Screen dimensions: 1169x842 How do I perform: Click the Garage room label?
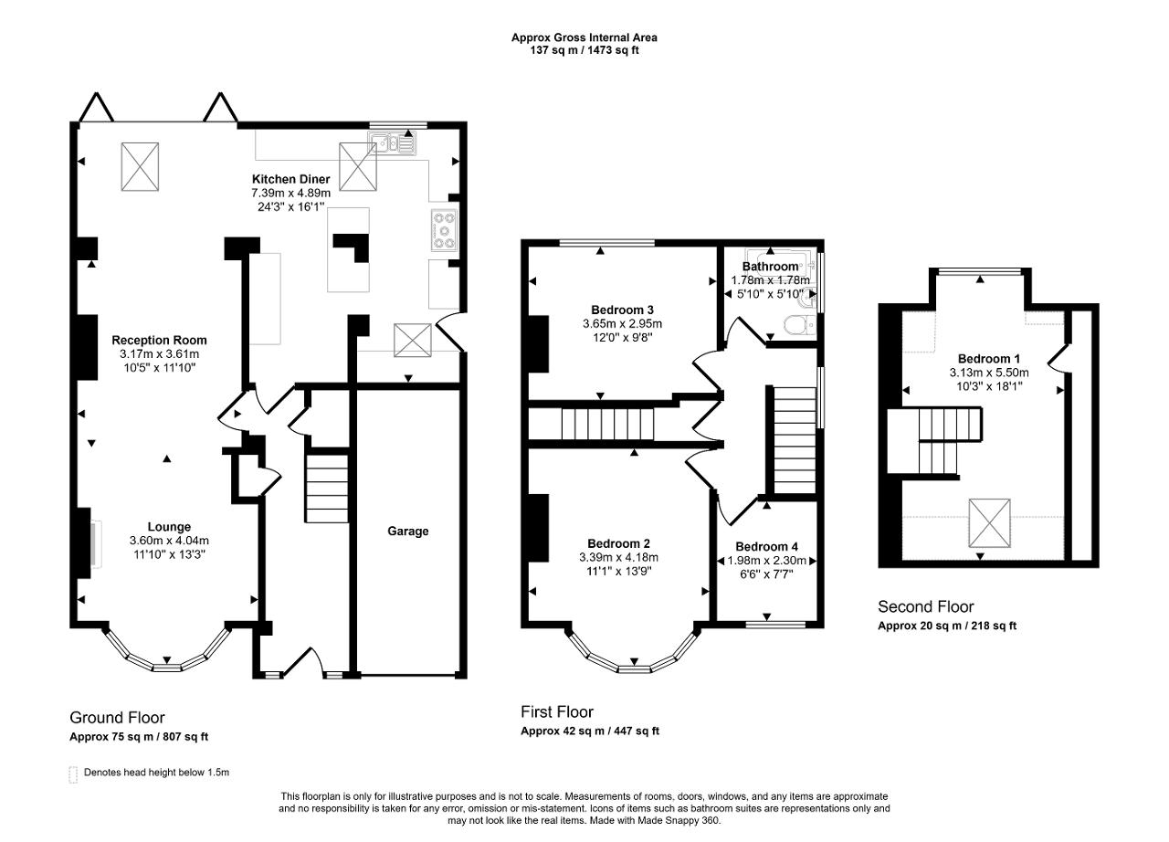407,532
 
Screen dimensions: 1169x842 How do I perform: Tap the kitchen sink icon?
392,143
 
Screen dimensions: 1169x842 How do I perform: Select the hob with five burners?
444,230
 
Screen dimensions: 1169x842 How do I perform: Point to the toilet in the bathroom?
799,325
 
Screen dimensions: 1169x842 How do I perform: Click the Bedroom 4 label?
766,547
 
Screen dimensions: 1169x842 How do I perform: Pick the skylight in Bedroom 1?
989,523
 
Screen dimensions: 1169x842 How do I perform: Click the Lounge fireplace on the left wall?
86,543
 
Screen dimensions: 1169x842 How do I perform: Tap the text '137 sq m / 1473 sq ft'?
584,50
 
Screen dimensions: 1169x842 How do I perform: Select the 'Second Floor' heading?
925,606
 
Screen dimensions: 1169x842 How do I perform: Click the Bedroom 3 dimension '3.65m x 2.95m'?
622,324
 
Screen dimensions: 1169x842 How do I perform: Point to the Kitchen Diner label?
290,179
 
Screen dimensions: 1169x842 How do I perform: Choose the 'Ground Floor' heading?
117,718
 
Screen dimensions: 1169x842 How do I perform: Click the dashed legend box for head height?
73,774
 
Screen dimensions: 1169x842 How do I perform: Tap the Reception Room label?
159,340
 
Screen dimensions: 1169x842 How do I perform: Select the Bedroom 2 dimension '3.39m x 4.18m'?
618,558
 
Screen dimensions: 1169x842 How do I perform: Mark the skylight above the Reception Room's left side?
140,167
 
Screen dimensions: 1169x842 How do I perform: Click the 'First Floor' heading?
557,712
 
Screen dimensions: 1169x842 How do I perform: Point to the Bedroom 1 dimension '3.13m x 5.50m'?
989,373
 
